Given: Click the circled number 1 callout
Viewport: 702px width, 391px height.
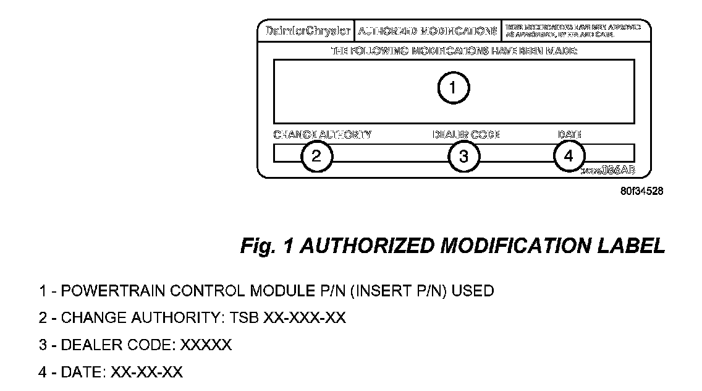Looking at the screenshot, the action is [x=454, y=88].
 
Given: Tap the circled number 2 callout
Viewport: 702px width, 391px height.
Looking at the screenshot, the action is [x=316, y=156].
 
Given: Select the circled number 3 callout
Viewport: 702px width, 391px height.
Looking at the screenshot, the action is [x=463, y=156].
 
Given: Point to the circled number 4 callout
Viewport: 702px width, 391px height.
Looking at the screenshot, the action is [x=569, y=155].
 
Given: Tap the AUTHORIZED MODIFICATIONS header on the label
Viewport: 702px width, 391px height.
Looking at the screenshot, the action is [x=428, y=30].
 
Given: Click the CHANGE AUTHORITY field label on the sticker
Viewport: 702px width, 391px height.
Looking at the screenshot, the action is [x=323, y=134].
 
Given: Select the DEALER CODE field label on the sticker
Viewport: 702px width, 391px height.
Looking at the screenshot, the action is [x=465, y=134].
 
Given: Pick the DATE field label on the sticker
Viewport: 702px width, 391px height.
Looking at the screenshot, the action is [x=569, y=134].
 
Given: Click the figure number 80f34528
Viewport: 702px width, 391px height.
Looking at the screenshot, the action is [x=642, y=191].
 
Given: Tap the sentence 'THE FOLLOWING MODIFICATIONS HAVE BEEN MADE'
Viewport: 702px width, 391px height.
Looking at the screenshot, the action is [x=454, y=51].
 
